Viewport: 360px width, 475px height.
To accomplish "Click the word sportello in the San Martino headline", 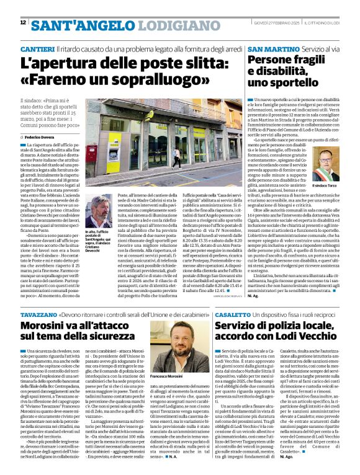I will [298, 82].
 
